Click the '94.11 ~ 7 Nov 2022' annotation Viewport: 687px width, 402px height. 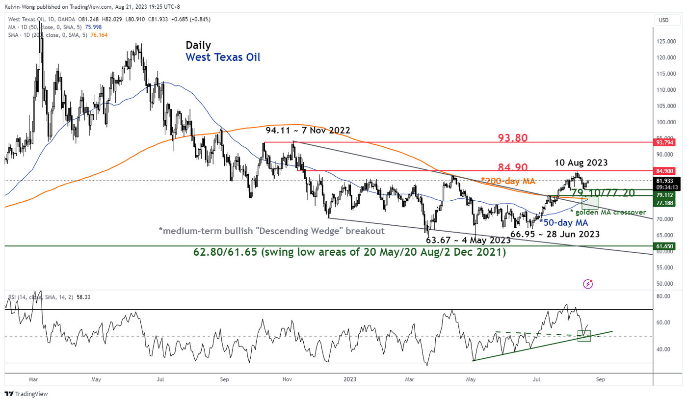(x=308, y=131)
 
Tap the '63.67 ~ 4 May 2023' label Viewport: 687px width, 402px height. (x=468, y=241)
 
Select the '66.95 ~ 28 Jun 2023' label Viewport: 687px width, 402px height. (x=555, y=234)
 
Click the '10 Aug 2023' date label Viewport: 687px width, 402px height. (x=581, y=162)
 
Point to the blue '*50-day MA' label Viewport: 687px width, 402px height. (x=564, y=222)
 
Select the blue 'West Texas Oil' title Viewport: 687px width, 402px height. (x=223, y=57)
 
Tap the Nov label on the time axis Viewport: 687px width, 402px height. (x=288, y=379)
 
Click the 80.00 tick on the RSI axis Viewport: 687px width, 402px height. (x=663, y=296)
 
